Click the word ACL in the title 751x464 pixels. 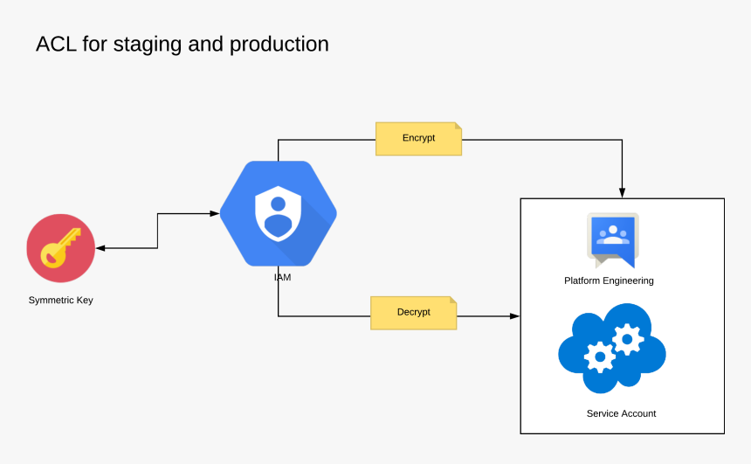tap(56, 44)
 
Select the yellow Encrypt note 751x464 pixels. tap(418, 138)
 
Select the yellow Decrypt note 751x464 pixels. tap(413, 312)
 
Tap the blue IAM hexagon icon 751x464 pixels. tap(278, 213)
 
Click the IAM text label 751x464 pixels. tap(282, 277)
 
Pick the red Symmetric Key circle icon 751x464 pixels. tap(60, 248)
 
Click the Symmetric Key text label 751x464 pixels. tap(60, 300)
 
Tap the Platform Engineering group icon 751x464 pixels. tap(613, 239)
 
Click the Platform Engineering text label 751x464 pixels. tap(609, 280)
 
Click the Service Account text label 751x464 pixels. tap(621, 413)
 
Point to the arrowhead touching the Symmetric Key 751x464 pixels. tap(100, 248)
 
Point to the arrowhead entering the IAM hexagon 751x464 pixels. tap(214, 212)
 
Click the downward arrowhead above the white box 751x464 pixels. tap(622, 192)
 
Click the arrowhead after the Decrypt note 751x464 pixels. tap(514, 316)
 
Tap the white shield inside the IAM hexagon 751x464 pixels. tap(278, 215)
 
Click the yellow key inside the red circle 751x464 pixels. tap(59, 248)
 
